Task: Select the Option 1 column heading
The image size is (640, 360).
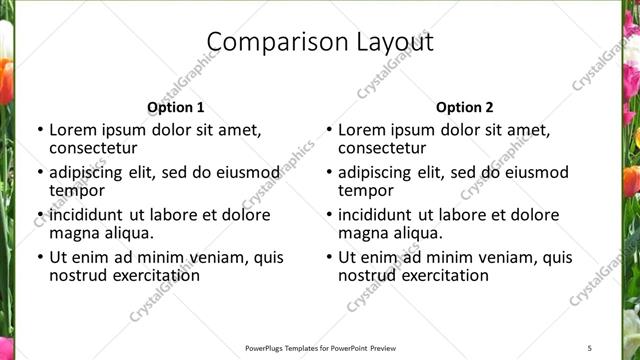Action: coord(175,107)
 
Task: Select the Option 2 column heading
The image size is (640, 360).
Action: coord(464,107)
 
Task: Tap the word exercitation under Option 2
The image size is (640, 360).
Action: coord(436,276)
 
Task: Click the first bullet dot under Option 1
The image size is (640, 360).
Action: coord(39,130)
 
